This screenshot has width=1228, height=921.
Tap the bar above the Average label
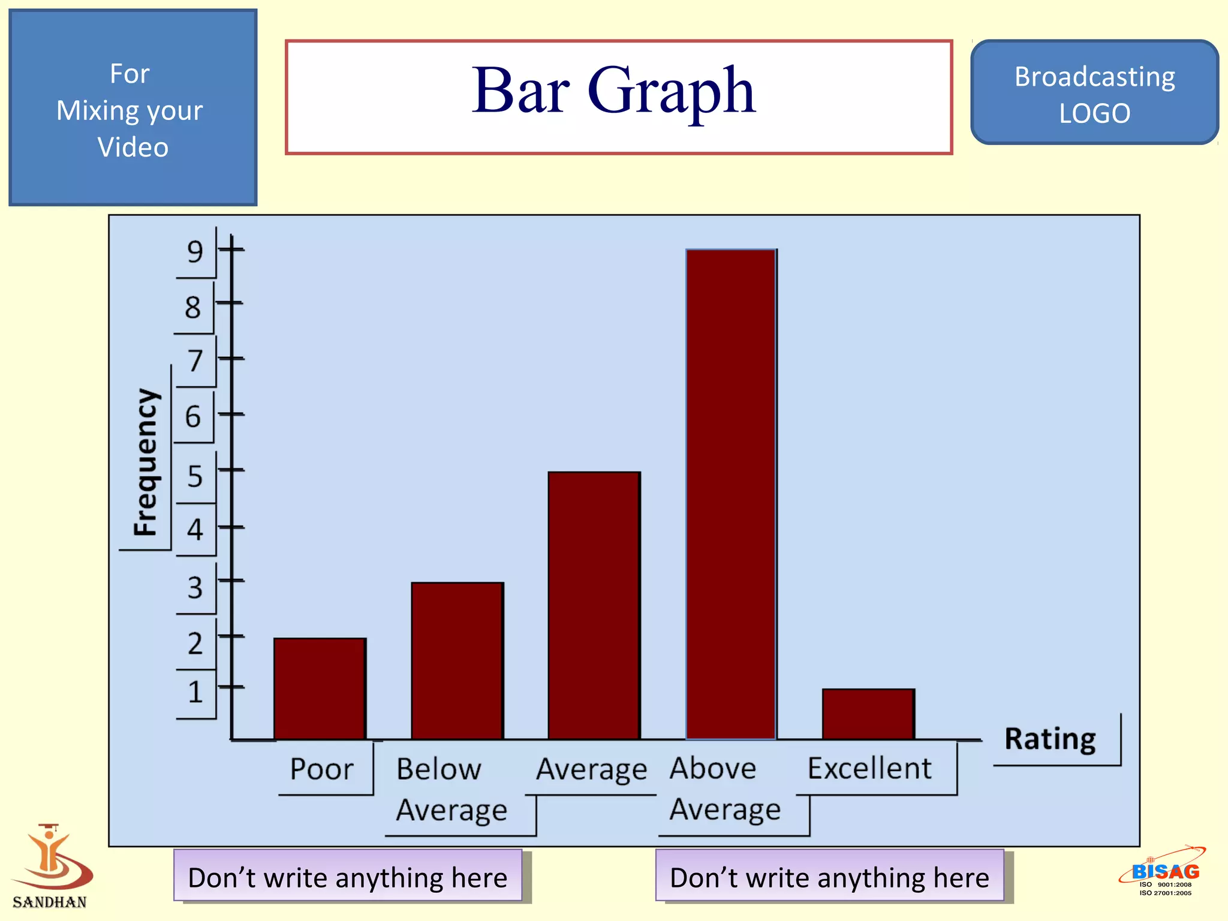594,606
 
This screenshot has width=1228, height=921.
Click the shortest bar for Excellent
868,714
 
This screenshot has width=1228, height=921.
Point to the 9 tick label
195,252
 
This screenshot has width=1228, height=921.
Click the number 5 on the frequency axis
195,476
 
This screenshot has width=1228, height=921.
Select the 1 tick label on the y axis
195,692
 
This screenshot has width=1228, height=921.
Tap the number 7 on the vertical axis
195,361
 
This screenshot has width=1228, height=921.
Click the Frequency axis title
146,462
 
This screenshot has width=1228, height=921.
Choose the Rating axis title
1050,739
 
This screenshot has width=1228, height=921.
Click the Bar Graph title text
613,91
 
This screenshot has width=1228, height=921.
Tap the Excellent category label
869,768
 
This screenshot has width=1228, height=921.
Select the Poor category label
322,769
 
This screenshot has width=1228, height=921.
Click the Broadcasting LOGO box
1094,94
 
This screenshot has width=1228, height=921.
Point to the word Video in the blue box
133,148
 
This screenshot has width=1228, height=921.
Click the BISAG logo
1163,872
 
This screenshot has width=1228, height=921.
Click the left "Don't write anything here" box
348,877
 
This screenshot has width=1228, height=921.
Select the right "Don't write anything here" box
829,877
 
